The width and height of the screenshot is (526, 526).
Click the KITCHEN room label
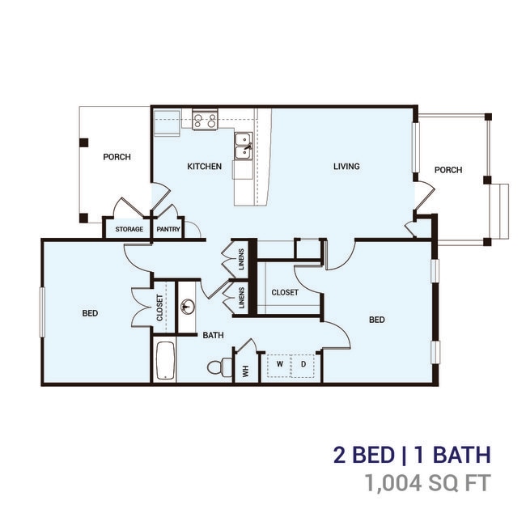204,167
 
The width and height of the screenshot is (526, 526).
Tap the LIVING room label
346,167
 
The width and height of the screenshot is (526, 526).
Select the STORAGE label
129,229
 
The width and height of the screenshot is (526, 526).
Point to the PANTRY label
168,229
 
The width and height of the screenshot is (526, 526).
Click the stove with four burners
205,121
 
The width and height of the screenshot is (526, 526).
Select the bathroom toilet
216,367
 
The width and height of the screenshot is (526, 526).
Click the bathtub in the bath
164,361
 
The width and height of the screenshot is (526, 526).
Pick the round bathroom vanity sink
187,307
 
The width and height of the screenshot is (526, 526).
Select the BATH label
213,334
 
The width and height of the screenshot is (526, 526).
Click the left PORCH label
117,157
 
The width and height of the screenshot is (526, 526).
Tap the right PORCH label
448,170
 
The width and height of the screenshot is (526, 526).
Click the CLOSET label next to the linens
285,292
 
